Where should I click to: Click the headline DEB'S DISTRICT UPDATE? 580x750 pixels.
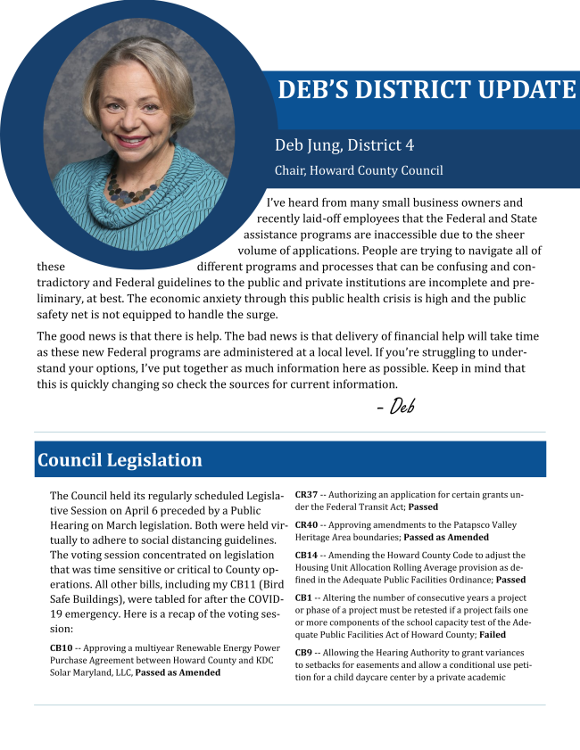coord(427,90)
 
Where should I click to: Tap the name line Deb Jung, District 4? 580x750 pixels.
coord(344,144)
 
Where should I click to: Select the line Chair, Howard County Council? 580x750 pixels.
coord(358,170)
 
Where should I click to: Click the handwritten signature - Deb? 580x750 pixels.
coord(396,407)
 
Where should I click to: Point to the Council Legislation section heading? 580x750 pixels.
coord(120,460)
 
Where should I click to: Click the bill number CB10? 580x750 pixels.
coord(62,647)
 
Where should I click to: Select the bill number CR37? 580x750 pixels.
coord(306,494)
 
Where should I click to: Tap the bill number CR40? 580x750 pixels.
coord(306,525)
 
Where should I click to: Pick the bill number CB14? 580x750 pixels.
coord(306,555)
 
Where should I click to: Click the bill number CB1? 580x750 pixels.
coord(303,598)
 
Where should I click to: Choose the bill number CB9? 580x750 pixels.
coord(303,653)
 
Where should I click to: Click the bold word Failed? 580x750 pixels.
coord(492,635)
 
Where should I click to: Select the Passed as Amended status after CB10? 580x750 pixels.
coord(178,672)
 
